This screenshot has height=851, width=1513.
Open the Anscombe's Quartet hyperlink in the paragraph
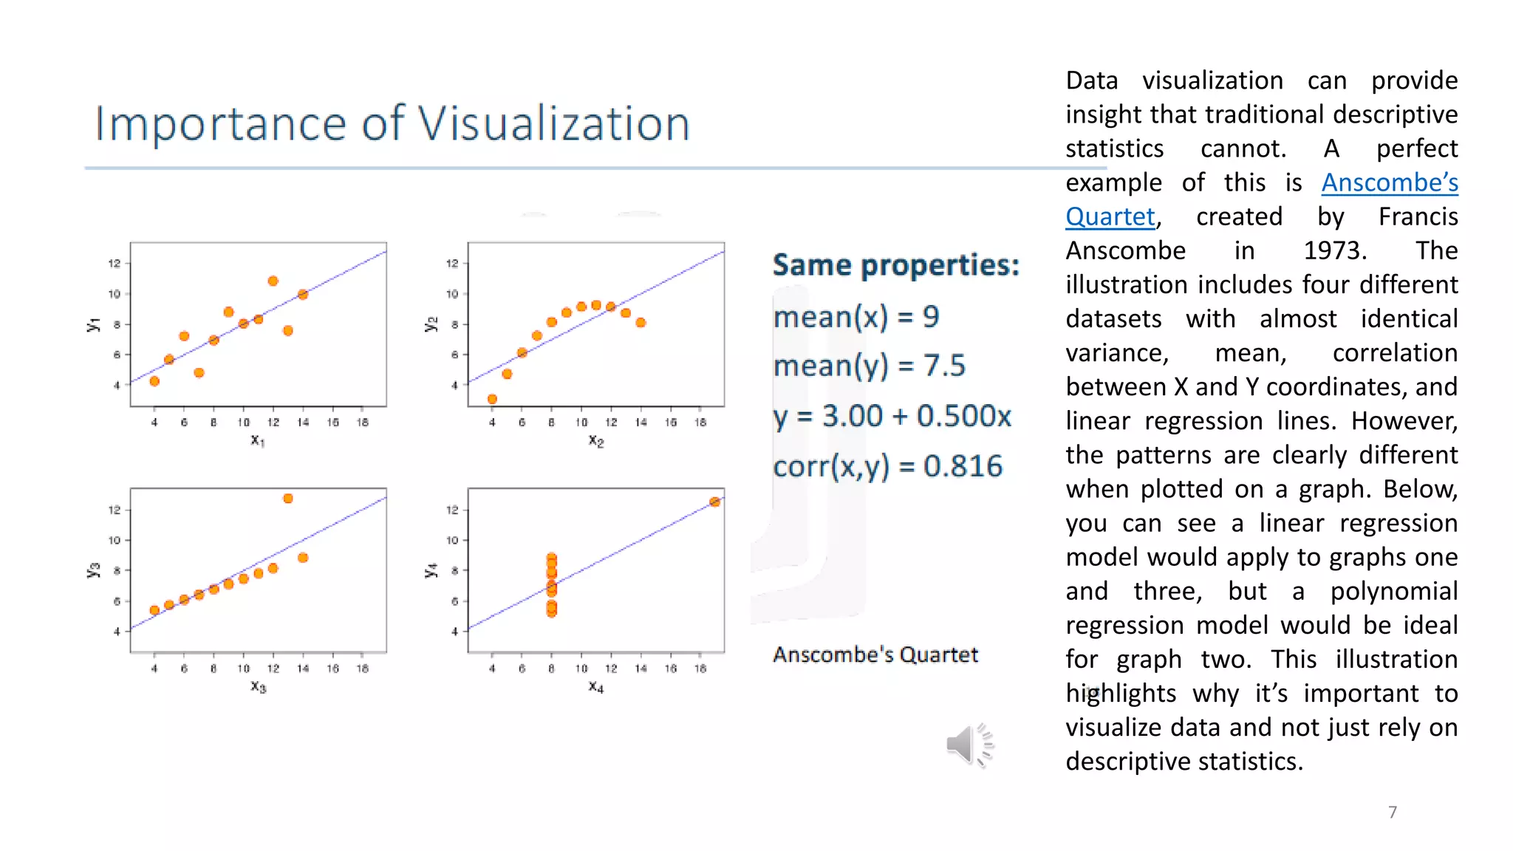(1389, 182)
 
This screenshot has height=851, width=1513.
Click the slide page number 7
(1393, 812)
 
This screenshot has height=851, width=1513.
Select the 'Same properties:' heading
(895, 265)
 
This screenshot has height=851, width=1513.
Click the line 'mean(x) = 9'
(855, 317)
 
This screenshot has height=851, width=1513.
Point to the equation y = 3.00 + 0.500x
(892, 416)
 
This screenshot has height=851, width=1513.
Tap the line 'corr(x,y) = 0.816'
(887, 466)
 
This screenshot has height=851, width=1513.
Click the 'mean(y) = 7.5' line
(869, 366)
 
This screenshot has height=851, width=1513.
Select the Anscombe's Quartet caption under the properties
(875, 655)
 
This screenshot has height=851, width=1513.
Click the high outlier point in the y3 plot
(288, 499)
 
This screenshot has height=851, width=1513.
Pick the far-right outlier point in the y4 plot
(714, 502)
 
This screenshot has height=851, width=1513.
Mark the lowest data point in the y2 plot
(492, 399)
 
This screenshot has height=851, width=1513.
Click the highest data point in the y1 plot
(273, 281)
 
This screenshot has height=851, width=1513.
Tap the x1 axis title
(257, 440)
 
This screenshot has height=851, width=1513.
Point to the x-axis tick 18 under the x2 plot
(700, 423)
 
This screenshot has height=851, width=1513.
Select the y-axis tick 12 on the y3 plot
(115, 510)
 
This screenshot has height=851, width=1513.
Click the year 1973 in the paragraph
(1334, 250)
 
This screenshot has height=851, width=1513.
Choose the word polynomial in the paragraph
(1393, 591)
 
